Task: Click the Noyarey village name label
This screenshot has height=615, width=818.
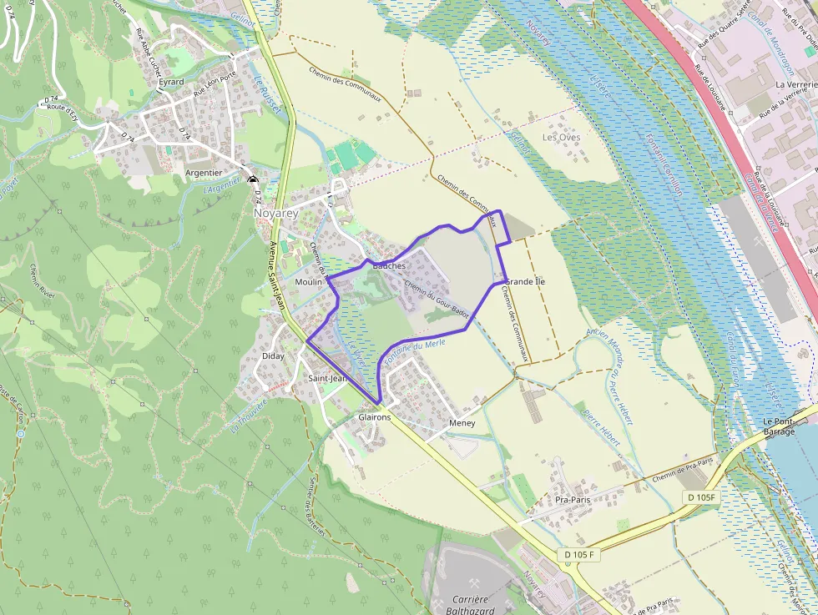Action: [x=275, y=213]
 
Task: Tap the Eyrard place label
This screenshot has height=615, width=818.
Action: [x=171, y=82]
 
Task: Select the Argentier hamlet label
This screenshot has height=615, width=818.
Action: [x=204, y=173]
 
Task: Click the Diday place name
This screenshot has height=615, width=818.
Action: [x=273, y=355]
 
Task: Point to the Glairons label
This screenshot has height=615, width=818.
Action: [x=374, y=416]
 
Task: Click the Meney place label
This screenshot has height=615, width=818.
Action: [x=462, y=423]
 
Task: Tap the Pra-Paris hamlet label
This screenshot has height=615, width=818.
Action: [x=573, y=499]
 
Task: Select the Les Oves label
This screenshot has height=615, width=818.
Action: [x=561, y=137]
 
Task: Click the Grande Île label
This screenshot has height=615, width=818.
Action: [x=526, y=282]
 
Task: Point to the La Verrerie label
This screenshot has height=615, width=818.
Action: [x=795, y=84]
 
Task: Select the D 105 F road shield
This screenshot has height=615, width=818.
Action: [x=579, y=555]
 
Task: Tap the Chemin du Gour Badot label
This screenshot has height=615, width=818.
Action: [x=436, y=299]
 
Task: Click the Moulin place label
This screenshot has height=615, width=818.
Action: [x=308, y=282]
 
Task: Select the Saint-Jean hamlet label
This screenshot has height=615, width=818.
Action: [x=327, y=378]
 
